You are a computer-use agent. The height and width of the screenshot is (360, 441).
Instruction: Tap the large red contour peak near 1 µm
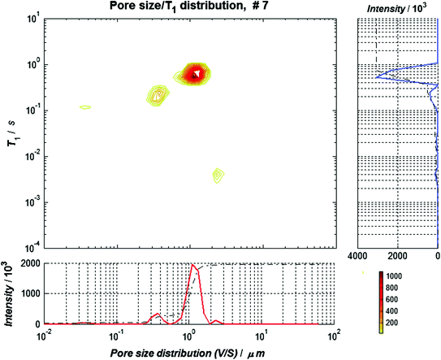(x=196, y=74)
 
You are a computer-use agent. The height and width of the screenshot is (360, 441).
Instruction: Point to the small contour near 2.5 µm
(x=218, y=175)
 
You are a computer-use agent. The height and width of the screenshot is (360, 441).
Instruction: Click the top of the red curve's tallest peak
(x=192, y=265)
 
